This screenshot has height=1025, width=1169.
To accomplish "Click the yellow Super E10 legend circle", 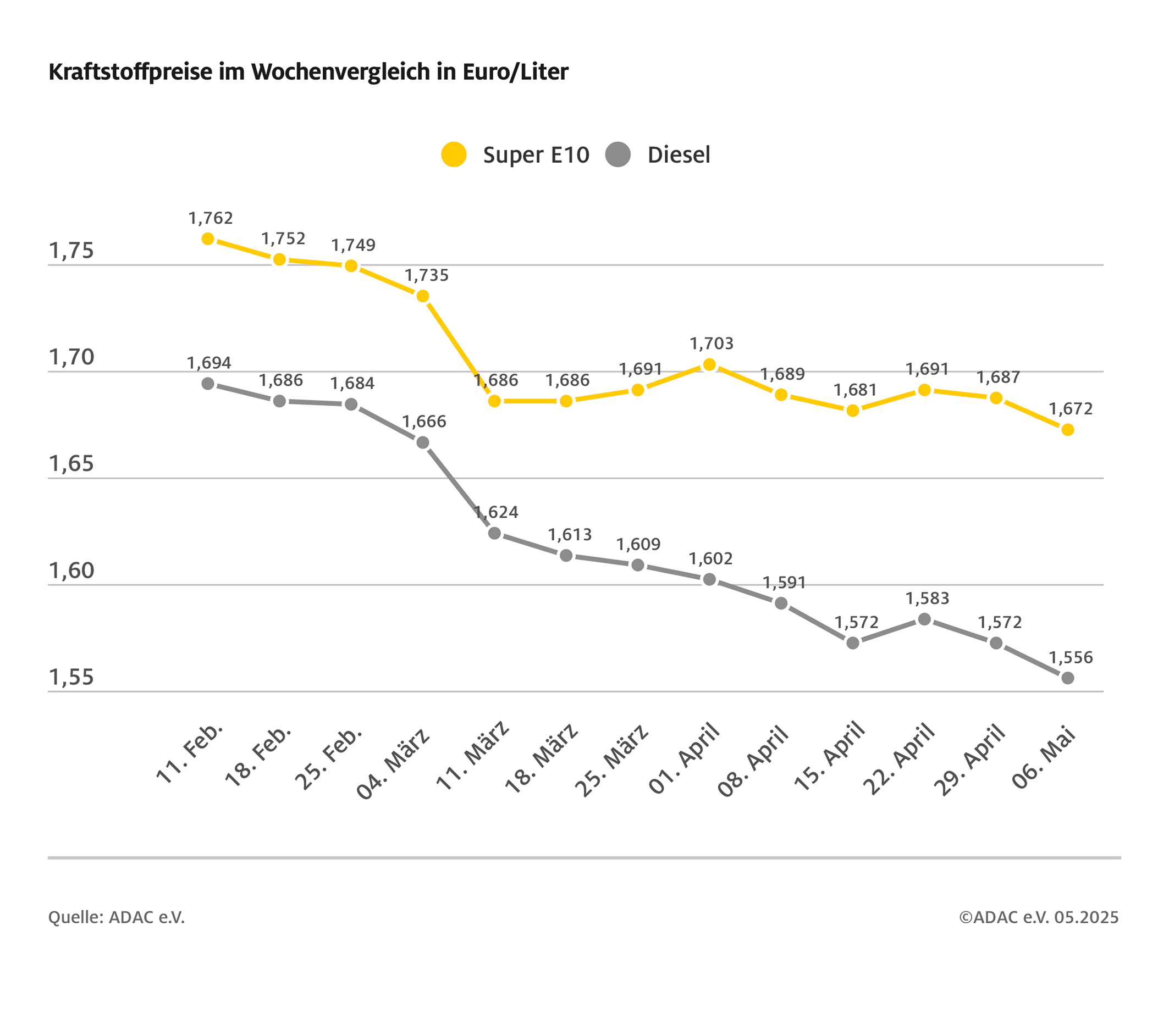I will (x=454, y=154).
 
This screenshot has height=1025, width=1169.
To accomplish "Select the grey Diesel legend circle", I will (x=617, y=154).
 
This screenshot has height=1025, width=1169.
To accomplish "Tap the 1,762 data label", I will (x=211, y=218).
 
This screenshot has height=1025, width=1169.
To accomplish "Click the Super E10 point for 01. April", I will (x=709, y=365).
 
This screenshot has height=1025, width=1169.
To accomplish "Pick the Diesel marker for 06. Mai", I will (x=1067, y=678).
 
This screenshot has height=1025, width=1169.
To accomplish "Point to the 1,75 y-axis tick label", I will (x=71, y=251).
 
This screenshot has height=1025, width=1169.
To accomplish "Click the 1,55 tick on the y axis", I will (x=71, y=678).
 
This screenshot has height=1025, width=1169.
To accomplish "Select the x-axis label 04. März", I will (x=394, y=764).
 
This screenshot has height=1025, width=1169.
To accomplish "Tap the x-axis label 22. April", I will (x=899, y=760).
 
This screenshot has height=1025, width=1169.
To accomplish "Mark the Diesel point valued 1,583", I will (x=924, y=619).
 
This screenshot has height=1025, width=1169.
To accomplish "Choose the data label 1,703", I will (x=711, y=343).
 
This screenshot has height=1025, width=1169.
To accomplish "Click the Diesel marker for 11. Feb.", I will (x=208, y=384).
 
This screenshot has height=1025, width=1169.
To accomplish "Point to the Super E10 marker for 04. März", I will (x=423, y=296).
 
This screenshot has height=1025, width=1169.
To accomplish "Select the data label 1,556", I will (x=1070, y=657).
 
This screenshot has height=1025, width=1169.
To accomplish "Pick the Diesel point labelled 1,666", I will (x=423, y=442).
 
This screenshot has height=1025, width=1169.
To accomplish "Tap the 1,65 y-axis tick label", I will (x=71, y=464).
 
